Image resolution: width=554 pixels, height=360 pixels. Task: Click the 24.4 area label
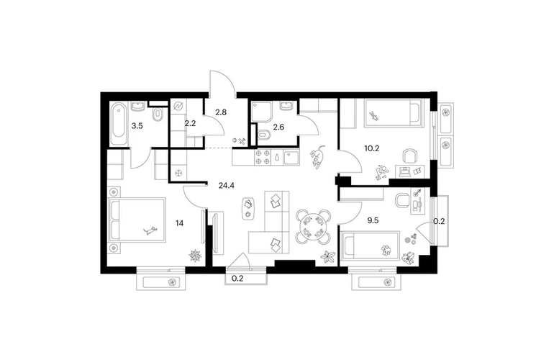[x=227, y=185]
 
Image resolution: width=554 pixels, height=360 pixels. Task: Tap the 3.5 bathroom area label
[x=137, y=125]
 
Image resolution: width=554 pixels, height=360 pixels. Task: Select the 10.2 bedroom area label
[x=372, y=148]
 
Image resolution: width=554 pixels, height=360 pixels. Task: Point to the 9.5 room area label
[x=373, y=220]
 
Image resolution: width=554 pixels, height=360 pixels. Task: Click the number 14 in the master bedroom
[x=179, y=223]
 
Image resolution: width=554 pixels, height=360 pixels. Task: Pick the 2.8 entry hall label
[x=221, y=112]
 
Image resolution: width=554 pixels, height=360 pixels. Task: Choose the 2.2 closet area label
[x=190, y=123]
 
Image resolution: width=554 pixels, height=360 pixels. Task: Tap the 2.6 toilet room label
[x=278, y=127]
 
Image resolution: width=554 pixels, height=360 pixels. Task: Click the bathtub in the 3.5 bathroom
[x=119, y=123]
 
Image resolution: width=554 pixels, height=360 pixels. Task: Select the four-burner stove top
[x=263, y=158]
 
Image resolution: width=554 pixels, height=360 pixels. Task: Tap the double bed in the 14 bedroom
[x=137, y=220]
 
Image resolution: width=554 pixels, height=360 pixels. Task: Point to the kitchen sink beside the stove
[x=291, y=158]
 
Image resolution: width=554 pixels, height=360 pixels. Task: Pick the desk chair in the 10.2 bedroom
[x=410, y=156]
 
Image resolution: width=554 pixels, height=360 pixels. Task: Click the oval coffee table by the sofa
[x=248, y=208]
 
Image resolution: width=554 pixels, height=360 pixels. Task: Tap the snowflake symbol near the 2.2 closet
[x=179, y=174]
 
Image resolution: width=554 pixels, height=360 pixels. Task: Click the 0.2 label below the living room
[x=237, y=279]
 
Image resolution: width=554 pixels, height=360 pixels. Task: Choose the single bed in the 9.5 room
[x=371, y=246]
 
